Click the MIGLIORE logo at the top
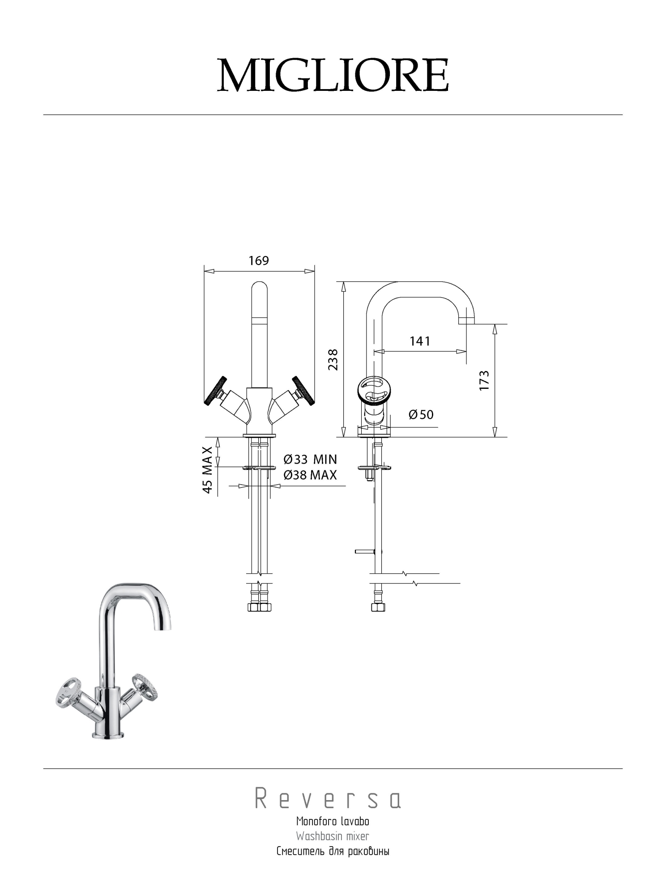333,75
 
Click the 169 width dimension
259,260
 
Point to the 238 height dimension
333,359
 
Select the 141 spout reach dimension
420,341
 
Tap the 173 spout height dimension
484,380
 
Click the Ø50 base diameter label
421,414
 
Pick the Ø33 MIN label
310,459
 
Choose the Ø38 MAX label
310,475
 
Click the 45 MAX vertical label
207,469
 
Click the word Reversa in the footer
328,799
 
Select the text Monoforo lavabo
333,821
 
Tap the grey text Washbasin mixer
333,836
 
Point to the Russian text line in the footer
333,851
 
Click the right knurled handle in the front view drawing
303,391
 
